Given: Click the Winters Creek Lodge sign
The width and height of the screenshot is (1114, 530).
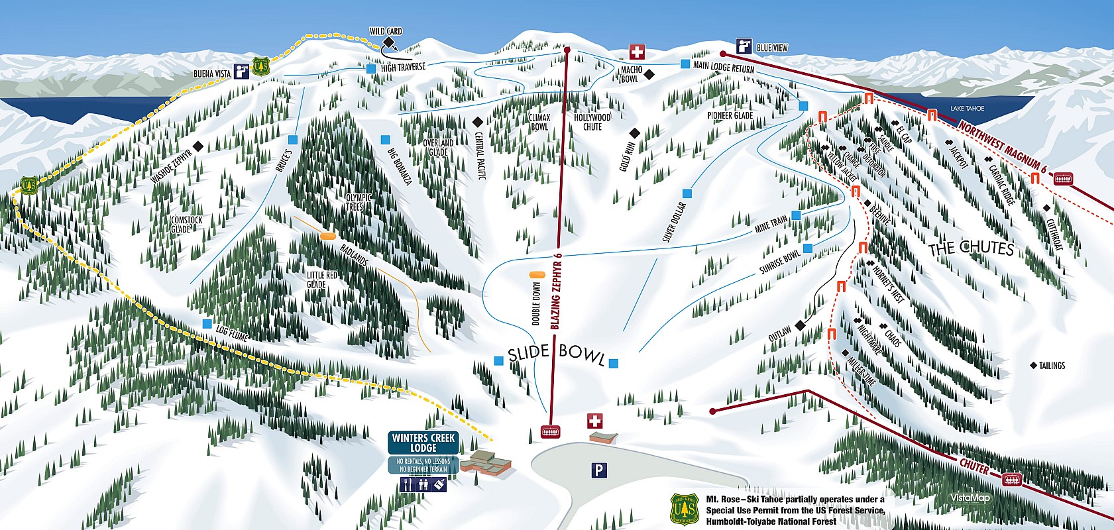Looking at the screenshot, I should (x=423, y=443).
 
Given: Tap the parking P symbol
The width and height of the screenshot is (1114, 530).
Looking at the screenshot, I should (x=598, y=470).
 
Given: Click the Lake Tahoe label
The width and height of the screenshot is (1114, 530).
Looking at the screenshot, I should (x=967, y=108).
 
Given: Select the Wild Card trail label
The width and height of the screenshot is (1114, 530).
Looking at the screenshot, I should (x=385, y=31).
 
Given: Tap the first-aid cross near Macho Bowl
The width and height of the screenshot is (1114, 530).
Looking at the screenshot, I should (x=636, y=52).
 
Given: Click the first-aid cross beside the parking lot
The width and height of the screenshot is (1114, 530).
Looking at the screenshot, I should (x=595, y=421).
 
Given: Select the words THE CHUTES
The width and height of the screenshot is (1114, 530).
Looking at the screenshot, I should (x=971, y=249).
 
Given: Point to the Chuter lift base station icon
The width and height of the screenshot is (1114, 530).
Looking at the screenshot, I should (x=1012, y=479).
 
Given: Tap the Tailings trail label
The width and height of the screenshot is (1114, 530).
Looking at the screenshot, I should (x=1052, y=366).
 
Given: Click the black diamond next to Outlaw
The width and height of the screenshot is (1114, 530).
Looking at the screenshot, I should (x=800, y=325).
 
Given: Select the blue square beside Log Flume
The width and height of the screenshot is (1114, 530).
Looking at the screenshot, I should (x=207, y=324).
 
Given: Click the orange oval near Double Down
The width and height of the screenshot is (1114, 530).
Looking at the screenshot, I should (x=536, y=274).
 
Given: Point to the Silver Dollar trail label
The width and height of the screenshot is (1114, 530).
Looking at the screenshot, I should (x=674, y=222).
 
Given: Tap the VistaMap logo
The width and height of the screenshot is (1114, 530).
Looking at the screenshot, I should (x=970, y=498).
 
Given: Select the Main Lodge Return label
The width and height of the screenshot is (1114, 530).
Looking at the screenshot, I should (x=723, y=67).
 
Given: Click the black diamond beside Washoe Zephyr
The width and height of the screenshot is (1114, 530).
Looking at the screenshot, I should (x=197, y=146).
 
